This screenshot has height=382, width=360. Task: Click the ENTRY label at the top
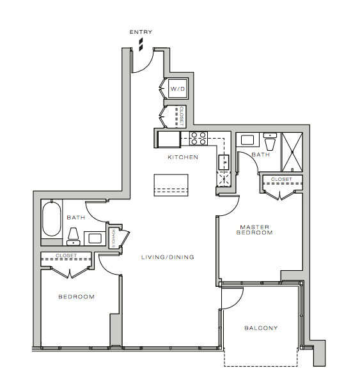click(x=141, y=32)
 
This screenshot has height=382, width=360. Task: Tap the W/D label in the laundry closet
click(x=178, y=89)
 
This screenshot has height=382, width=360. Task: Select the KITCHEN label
click(x=183, y=157)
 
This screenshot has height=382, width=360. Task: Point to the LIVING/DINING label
click(x=168, y=257)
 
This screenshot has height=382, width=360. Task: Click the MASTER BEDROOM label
click(x=254, y=230)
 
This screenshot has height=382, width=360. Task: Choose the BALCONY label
click(x=261, y=328)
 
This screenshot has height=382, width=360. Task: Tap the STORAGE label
click(x=113, y=238)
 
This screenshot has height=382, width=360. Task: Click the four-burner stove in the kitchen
click(x=198, y=138)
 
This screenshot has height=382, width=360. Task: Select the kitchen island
click(x=171, y=185)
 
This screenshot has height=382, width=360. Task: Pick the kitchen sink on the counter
click(x=224, y=162)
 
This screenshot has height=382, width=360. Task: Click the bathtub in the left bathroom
click(x=52, y=218)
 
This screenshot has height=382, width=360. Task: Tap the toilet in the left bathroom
click(x=73, y=236)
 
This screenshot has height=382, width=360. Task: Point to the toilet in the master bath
click(x=270, y=142)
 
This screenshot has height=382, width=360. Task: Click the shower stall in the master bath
click(x=292, y=152)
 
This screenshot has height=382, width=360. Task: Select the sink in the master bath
click(x=247, y=140)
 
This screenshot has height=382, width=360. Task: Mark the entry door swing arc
click(x=146, y=66)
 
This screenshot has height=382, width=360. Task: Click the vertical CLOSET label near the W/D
click(x=181, y=116)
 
